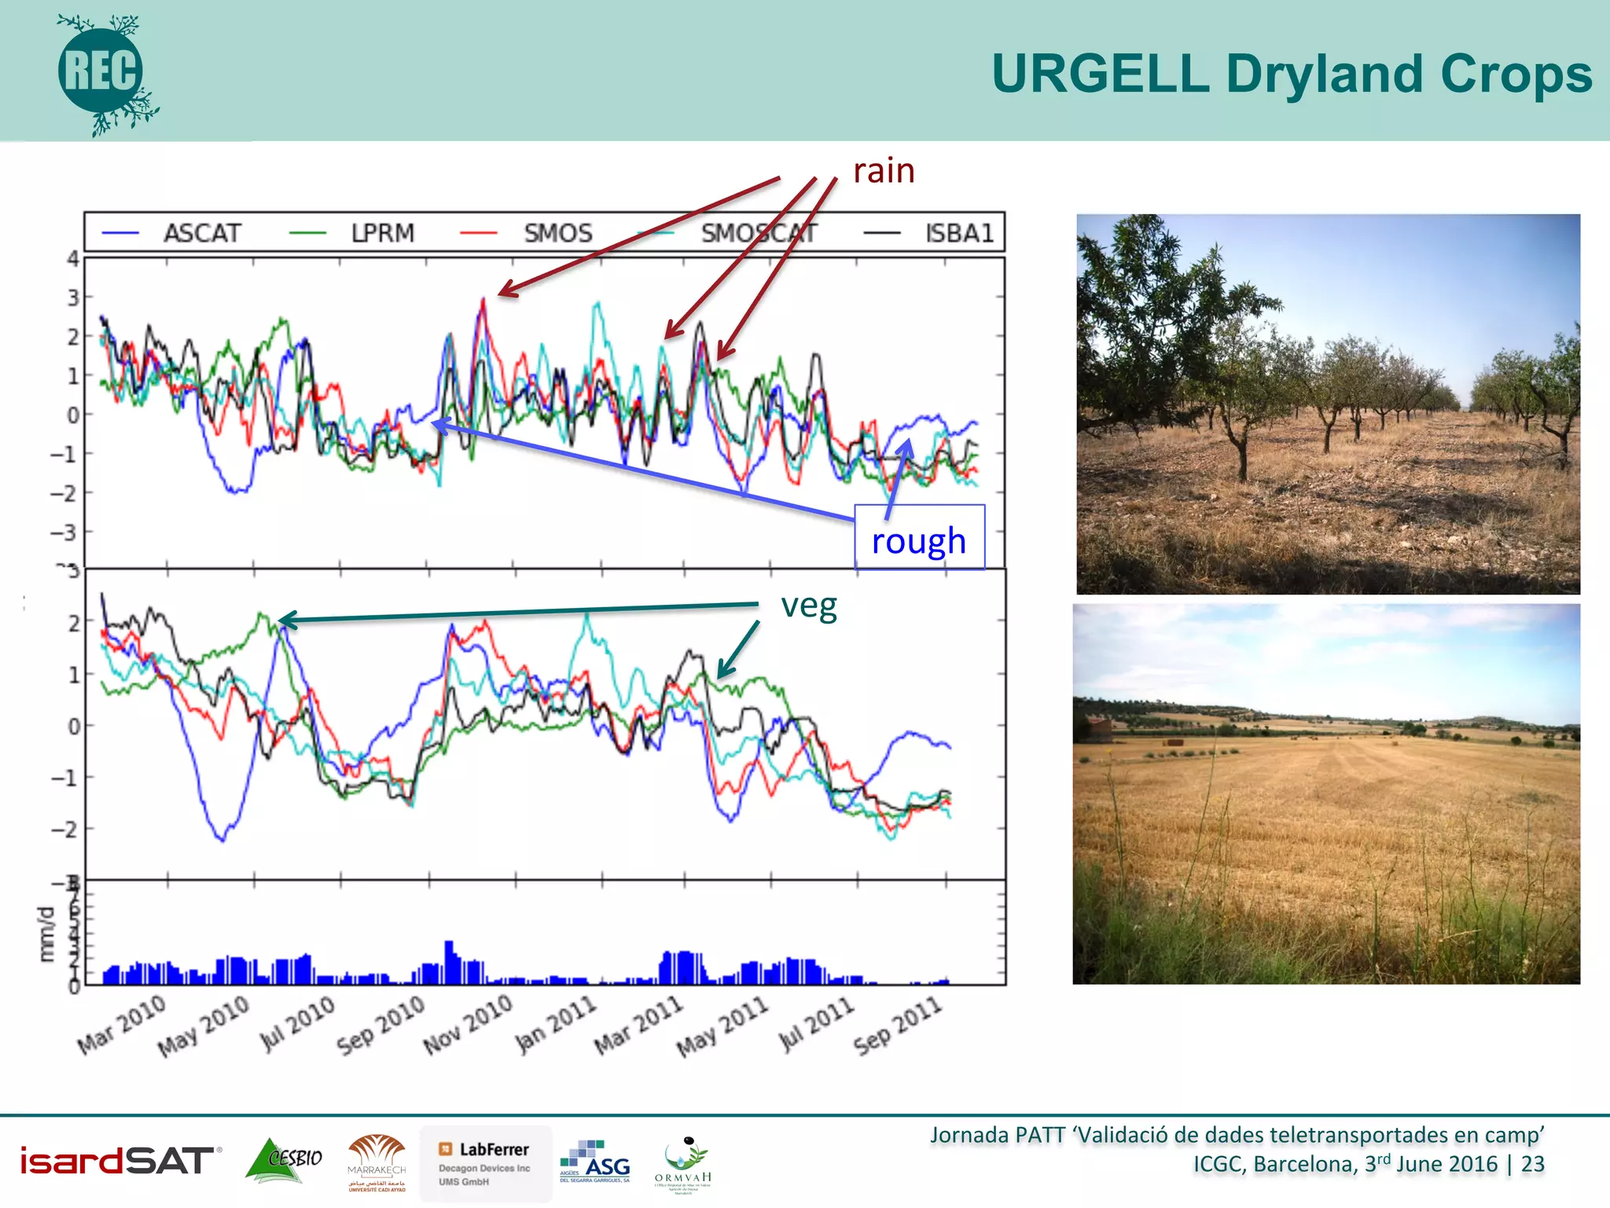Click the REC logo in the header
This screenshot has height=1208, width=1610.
102,72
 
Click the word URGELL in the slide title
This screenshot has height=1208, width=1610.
1100,75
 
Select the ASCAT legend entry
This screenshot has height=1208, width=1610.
200,234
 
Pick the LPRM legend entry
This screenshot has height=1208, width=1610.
382,234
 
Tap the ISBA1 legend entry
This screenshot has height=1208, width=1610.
958,234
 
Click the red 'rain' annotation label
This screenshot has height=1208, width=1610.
884,171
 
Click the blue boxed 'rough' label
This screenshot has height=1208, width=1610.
918,540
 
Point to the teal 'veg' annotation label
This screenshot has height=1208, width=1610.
808,606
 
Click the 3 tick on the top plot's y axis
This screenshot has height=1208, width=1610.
73,298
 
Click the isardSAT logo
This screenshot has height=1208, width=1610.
118,1161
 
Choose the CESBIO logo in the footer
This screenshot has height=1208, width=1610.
285,1160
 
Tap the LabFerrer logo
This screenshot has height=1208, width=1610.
485,1163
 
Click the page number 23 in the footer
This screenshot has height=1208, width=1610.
1532,1164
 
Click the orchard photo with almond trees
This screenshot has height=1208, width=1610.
1327,403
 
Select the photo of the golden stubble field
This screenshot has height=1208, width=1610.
1325,794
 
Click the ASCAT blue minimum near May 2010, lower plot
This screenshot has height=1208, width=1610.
222,839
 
